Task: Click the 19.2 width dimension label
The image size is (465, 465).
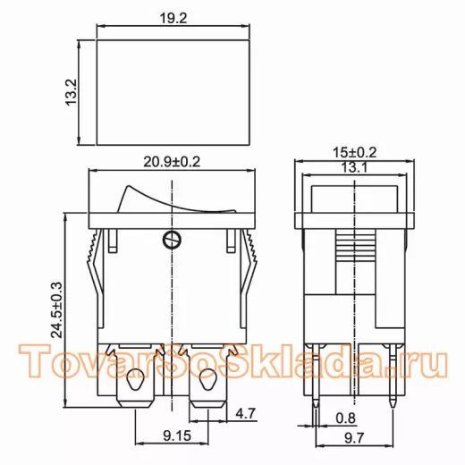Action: pyautogui.click(x=173, y=19)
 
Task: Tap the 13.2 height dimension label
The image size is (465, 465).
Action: pyautogui.click(x=72, y=92)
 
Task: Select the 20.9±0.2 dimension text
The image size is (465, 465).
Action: pyautogui.click(x=172, y=162)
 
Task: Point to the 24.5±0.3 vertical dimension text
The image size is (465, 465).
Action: pyautogui.click(x=56, y=310)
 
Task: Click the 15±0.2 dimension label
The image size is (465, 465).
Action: pyautogui.click(x=355, y=153)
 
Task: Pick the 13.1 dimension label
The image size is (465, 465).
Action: pyautogui.click(x=354, y=167)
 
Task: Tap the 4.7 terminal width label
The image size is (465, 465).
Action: pyautogui.click(x=246, y=413)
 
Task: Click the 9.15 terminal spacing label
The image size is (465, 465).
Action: pyautogui.click(x=177, y=436)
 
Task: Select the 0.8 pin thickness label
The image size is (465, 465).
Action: pyautogui.click(x=346, y=418)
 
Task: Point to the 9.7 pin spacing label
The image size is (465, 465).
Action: pyautogui.click(x=354, y=438)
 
